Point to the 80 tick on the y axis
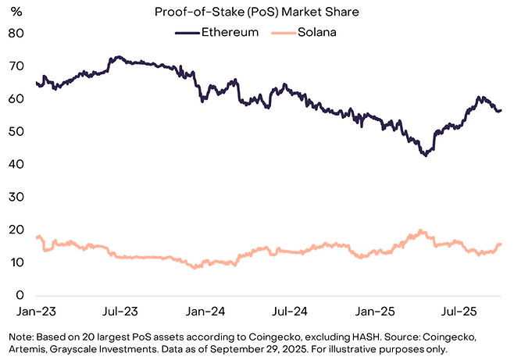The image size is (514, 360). click(16, 34)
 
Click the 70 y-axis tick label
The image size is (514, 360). click(16, 66)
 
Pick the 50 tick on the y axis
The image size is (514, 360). click(16, 132)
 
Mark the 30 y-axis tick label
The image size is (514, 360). click(16, 198)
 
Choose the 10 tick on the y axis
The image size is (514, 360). click(16, 263)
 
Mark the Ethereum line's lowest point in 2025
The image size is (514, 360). click(425, 155)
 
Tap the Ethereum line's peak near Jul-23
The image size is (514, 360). click(118, 57)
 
